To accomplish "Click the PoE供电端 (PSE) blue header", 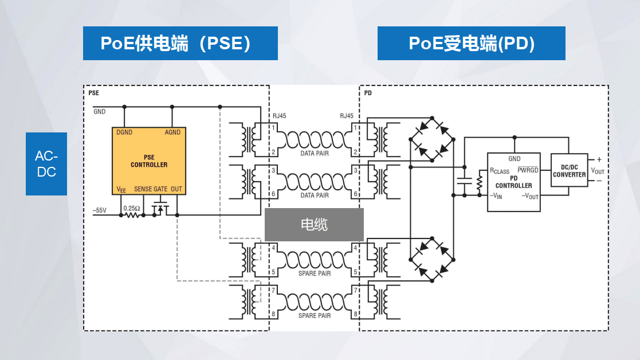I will point(180,44).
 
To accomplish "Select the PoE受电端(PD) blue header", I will point(471,44).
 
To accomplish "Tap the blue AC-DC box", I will point(46,164).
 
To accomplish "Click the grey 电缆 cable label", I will point(314,224).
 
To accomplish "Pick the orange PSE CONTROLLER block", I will point(149,161).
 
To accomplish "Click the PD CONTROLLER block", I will point(513,182).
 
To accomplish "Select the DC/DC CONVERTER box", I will point(569,171).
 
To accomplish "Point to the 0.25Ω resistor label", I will point(131,208).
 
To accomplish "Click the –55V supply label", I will point(100,210).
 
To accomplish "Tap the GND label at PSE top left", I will point(100,112).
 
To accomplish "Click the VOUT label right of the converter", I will point(598,171).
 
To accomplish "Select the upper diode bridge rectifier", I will point(431,139).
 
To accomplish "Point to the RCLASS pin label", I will point(499,171).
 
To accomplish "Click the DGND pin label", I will point(124,132).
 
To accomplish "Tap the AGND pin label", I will point(172,132).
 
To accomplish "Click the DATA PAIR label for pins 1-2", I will point(315,154).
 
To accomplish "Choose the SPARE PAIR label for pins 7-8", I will point(315,316).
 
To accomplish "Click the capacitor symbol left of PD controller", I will point(464,182).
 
